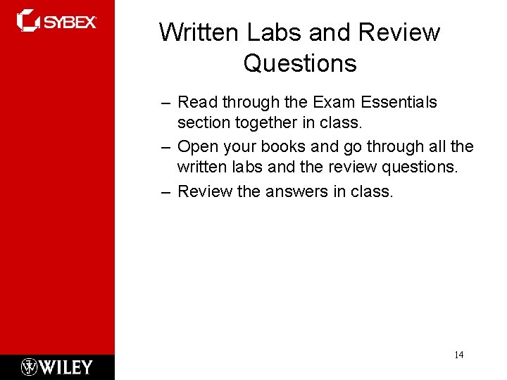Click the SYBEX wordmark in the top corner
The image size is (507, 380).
pos(70,22)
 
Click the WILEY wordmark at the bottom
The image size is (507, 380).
pos(65,367)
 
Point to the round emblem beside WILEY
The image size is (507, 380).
pos(30,367)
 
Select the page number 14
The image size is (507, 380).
pos(458,355)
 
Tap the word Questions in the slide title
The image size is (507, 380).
pos(300,63)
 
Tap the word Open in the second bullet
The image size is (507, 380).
pos(196,146)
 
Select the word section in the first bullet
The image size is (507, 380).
pos(201,122)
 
